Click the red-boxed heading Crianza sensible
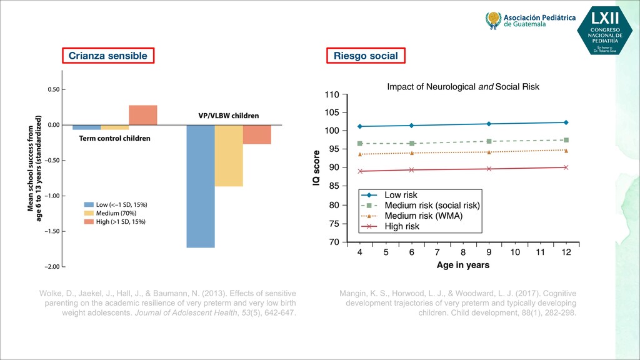[x=107, y=56]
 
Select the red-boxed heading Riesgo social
[x=366, y=56]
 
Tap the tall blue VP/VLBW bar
[x=200, y=186]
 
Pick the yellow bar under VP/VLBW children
[x=229, y=156]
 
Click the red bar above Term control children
[x=143, y=115]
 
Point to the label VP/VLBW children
[x=224, y=116]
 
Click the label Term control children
[x=114, y=138]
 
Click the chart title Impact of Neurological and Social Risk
[x=463, y=86]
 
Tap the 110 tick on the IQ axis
[x=331, y=95]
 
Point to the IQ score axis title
[x=317, y=167]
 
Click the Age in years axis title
[x=463, y=265]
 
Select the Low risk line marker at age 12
[x=566, y=122]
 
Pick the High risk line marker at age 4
[x=360, y=171]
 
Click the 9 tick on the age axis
[x=489, y=252]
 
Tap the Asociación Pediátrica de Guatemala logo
[x=531, y=21]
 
